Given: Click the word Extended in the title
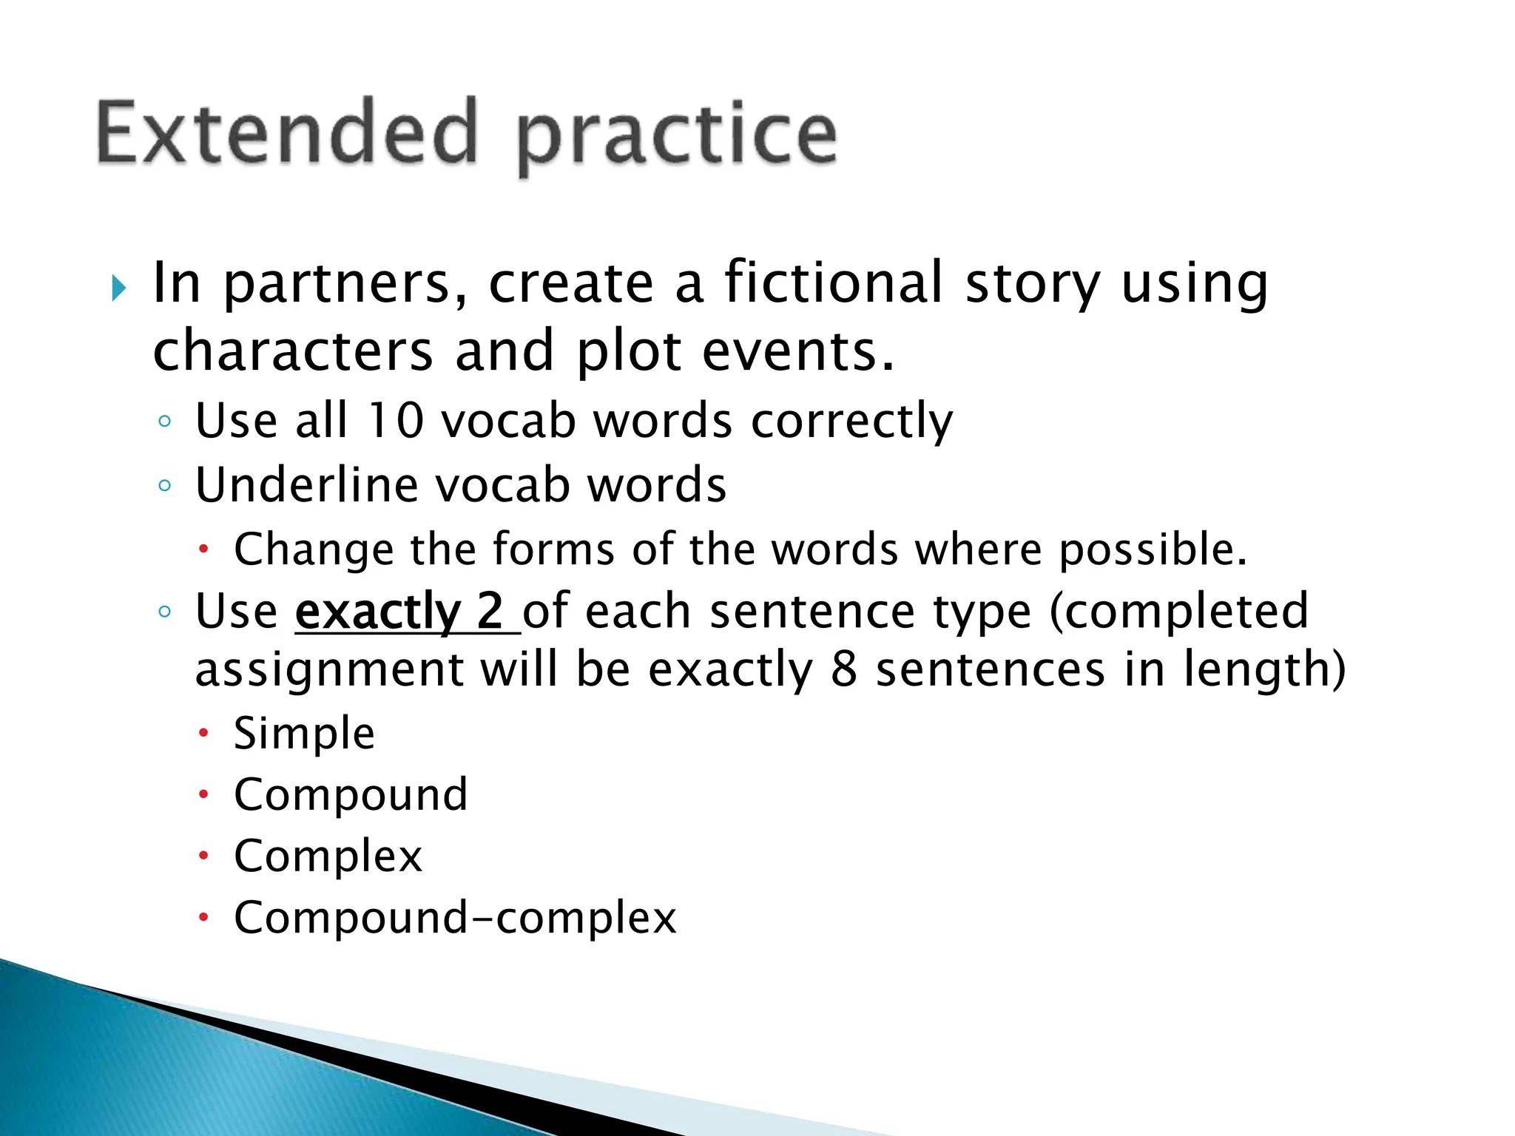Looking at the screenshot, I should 287,133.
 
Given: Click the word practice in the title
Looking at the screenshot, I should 677,137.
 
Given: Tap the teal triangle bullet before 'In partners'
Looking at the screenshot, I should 118,288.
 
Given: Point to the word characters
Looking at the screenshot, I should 292,351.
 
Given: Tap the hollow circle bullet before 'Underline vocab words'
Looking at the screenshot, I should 164,486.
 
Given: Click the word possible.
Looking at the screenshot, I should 1153,550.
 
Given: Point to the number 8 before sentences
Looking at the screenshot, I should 843,669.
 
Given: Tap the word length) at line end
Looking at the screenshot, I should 1264,669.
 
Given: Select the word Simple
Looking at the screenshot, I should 304,734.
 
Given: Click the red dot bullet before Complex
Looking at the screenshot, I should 203,856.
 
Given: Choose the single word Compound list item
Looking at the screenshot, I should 351,795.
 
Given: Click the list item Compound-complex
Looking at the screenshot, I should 455,918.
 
